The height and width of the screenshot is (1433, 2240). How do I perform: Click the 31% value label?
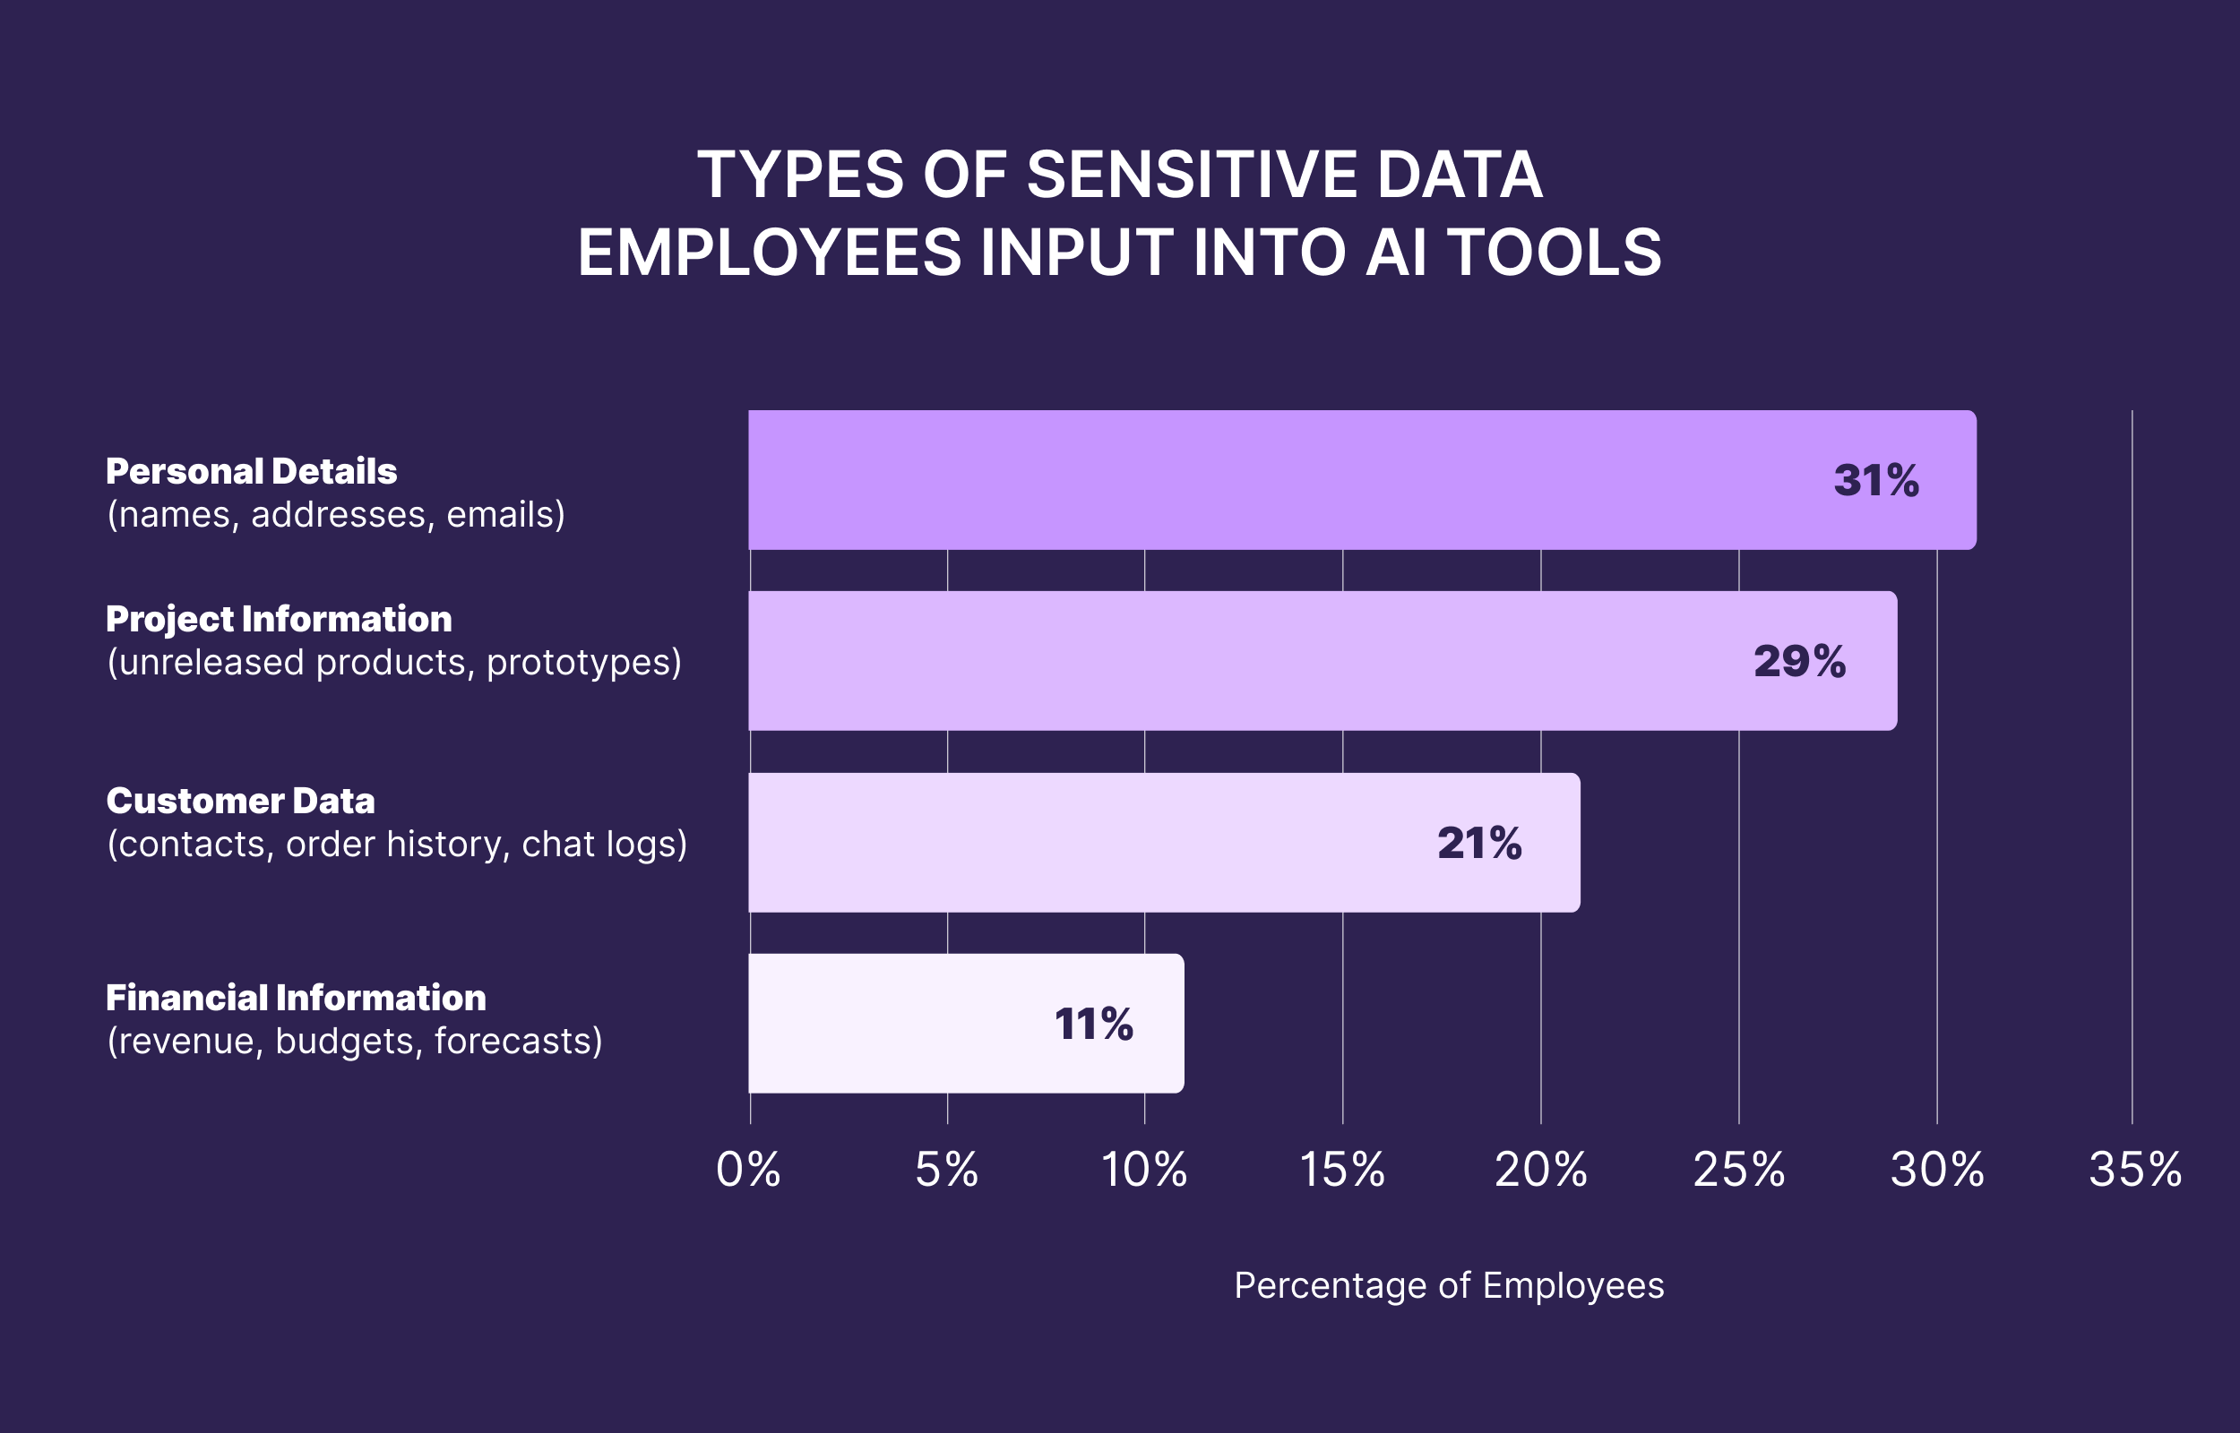pyautogui.click(x=1875, y=481)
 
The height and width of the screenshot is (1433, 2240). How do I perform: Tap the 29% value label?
pyautogui.click(x=1799, y=662)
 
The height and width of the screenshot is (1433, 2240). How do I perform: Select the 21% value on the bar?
pyautogui.click(x=1478, y=843)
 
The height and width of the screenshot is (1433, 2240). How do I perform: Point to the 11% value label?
pyautogui.click(x=1093, y=1025)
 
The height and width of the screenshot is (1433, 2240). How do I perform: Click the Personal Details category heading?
pyautogui.click(x=251, y=472)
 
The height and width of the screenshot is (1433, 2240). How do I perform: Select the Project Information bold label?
pyautogui.click(x=279, y=620)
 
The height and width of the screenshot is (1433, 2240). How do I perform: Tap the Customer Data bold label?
pyautogui.click(x=240, y=802)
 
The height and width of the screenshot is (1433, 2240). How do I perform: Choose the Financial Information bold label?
pyautogui.click(x=296, y=999)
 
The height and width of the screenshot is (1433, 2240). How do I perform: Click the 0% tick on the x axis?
pyautogui.click(x=748, y=1170)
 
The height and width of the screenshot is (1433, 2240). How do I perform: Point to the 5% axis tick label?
pyautogui.click(x=946, y=1170)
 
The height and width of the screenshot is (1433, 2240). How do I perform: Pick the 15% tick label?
pyautogui.click(x=1342, y=1170)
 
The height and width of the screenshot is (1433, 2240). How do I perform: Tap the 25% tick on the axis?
pyautogui.click(x=1738, y=1170)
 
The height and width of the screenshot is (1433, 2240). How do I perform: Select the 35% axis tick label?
pyautogui.click(x=2135, y=1170)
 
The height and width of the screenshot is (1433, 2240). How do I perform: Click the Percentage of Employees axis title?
pyautogui.click(x=1449, y=1285)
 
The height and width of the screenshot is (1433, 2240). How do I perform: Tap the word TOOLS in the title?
pyautogui.click(x=1555, y=253)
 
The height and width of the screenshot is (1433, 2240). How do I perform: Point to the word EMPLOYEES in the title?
pyautogui.click(x=770, y=253)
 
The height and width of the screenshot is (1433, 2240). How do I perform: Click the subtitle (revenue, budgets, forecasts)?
pyautogui.click(x=355, y=1042)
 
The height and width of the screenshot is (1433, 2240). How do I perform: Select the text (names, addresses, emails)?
pyautogui.click(x=336, y=515)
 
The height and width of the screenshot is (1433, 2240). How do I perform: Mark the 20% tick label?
pyautogui.click(x=1540, y=1170)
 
